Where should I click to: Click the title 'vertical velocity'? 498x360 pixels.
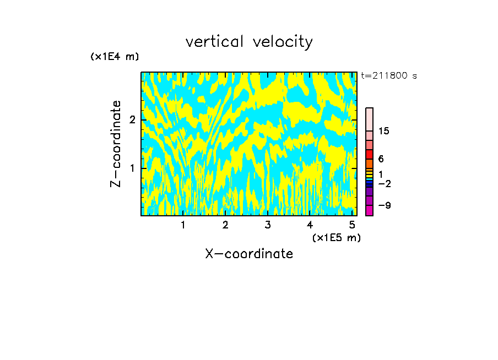[x=249, y=42]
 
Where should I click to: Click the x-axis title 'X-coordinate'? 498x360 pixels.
[x=249, y=254]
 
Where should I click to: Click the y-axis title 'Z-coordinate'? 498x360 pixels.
[x=116, y=144]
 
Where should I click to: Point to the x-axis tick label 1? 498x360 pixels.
[x=183, y=225]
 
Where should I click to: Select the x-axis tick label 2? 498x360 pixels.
[x=225, y=225]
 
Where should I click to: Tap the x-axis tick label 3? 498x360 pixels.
[x=268, y=225]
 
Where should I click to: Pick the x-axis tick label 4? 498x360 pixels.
[x=310, y=225]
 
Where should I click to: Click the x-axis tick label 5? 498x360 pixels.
[x=352, y=225]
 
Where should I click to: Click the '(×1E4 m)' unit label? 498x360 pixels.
[x=115, y=57]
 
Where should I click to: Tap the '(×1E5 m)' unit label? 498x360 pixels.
[x=336, y=237]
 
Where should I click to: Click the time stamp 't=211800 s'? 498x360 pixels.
[x=389, y=75]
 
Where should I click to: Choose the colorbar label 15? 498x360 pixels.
[x=385, y=131]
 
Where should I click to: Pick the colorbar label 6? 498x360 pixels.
[x=381, y=159]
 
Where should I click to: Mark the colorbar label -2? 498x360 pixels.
[x=385, y=183]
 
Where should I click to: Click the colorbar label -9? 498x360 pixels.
[x=385, y=205]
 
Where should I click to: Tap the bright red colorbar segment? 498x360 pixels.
[x=370, y=155]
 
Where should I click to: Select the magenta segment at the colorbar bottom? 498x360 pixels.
[x=370, y=210]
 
